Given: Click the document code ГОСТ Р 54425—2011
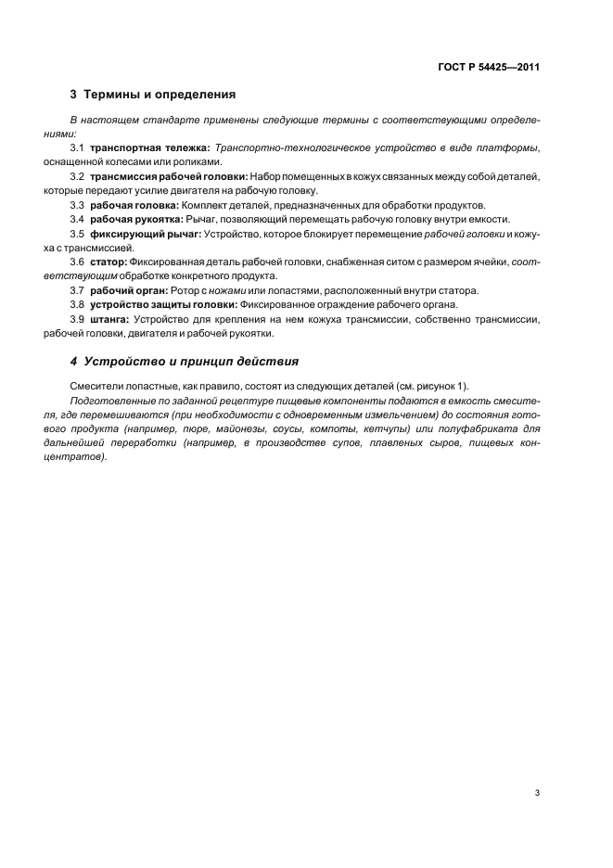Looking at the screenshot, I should [490, 67].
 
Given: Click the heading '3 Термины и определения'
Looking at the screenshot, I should [153, 95].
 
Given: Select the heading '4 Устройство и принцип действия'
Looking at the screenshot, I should [184, 362].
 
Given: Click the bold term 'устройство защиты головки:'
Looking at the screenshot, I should [163, 304].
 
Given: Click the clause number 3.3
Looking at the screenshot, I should [78, 205].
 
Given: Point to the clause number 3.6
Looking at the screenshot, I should [78, 262].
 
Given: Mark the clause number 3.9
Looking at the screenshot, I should [78, 319].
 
